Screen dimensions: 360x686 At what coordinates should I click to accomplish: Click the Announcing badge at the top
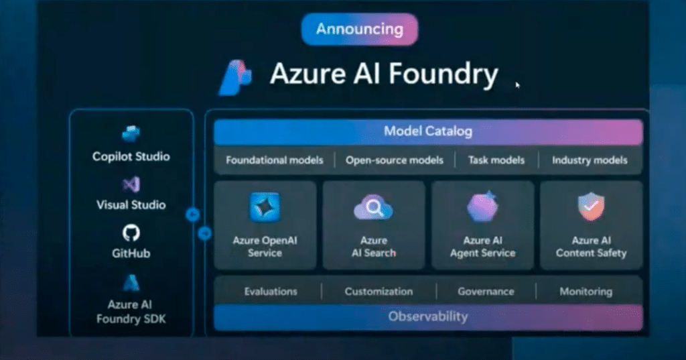(360, 29)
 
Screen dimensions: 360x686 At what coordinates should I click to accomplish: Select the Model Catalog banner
(428, 131)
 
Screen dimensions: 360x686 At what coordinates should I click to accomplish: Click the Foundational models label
(275, 160)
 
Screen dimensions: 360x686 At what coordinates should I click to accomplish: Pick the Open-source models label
(395, 160)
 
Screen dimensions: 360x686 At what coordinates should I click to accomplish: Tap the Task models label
(497, 160)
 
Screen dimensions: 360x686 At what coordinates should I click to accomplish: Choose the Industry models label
(590, 160)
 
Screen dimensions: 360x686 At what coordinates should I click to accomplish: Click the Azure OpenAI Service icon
(265, 206)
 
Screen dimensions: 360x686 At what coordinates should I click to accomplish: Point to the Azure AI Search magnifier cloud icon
(373, 208)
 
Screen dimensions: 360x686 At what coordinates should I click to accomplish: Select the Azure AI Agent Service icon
(482, 206)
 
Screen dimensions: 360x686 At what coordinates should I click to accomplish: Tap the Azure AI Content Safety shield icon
(591, 206)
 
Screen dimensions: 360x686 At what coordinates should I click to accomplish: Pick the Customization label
(379, 292)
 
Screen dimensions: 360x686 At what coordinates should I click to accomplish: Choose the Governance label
(486, 292)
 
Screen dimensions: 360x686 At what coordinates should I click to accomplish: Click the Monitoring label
(586, 292)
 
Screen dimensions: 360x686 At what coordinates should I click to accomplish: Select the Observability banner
(428, 316)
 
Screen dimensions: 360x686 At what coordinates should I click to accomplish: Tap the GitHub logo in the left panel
(131, 233)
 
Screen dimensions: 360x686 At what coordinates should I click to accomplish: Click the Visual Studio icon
(131, 184)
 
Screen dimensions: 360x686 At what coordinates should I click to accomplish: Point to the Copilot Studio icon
(131, 134)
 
